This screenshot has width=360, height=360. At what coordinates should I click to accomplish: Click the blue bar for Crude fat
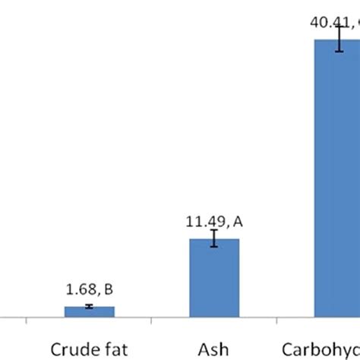[90, 311]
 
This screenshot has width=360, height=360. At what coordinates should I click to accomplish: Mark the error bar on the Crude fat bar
[90, 306]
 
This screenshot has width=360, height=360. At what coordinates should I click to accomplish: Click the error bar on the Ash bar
[214, 238]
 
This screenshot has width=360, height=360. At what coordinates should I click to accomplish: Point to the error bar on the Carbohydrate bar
[339, 40]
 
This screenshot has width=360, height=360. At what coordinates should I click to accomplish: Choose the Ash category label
[214, 350]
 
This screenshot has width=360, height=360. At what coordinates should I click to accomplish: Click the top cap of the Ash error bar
[214, 231]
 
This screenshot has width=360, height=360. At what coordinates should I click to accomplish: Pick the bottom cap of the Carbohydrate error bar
[339, 52]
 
